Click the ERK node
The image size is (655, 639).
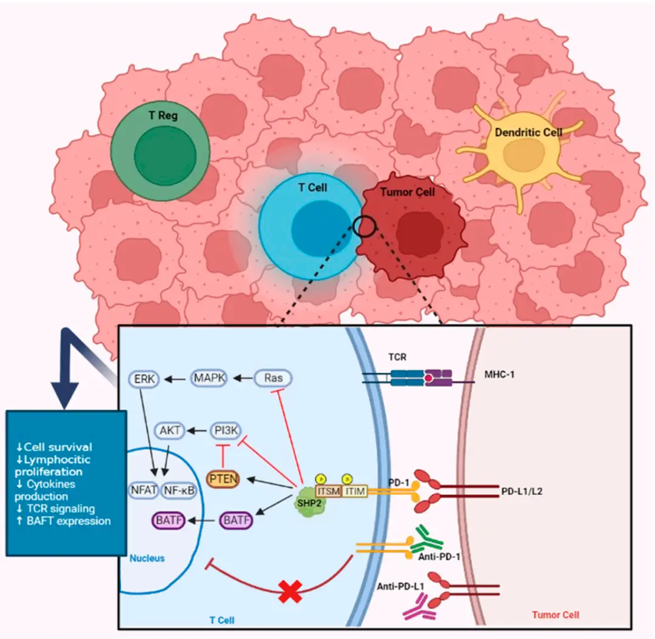[x=144, y=380]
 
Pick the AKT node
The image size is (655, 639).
[x=170, y=430]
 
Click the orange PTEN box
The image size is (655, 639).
[x=223, y=480]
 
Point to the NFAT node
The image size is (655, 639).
[x=144, y=490]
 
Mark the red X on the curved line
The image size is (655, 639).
[x=291, y=590]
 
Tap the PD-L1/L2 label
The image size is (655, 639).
[x=522, y=491]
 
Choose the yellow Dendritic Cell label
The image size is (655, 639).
[x=529, y=132]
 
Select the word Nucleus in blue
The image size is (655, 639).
[x=147, y=558]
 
